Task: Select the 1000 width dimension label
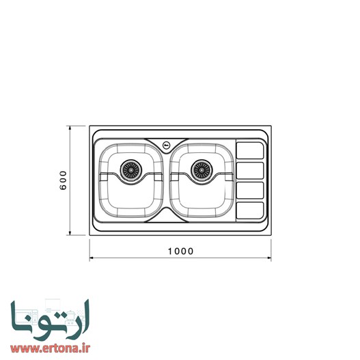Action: coord(180,251)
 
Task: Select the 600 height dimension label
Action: coord(62,180)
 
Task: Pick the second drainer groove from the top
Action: coord(249,169)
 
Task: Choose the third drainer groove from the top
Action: coord(249,189)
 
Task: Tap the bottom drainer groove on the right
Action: coord(249,210)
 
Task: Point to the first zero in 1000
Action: coord(176,251)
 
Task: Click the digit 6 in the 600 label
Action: coord(62,188)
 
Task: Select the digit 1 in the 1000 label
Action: coord(169,251)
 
